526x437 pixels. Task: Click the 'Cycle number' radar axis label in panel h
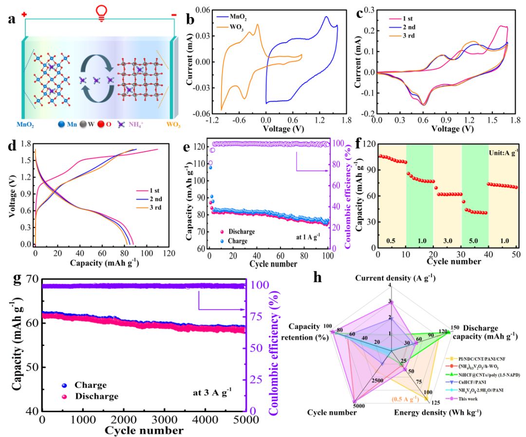(332, 413)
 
